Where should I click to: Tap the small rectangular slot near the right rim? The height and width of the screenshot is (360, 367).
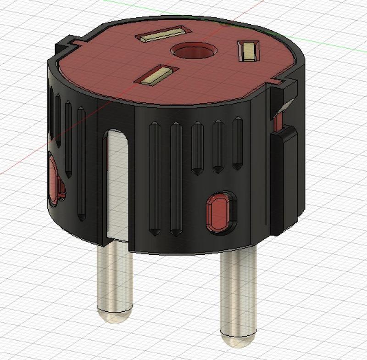(x=248, y=51)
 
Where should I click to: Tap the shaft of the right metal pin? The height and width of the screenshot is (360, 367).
(x=236, y=289)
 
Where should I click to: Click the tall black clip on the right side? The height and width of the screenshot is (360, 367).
(x=284, y=179)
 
